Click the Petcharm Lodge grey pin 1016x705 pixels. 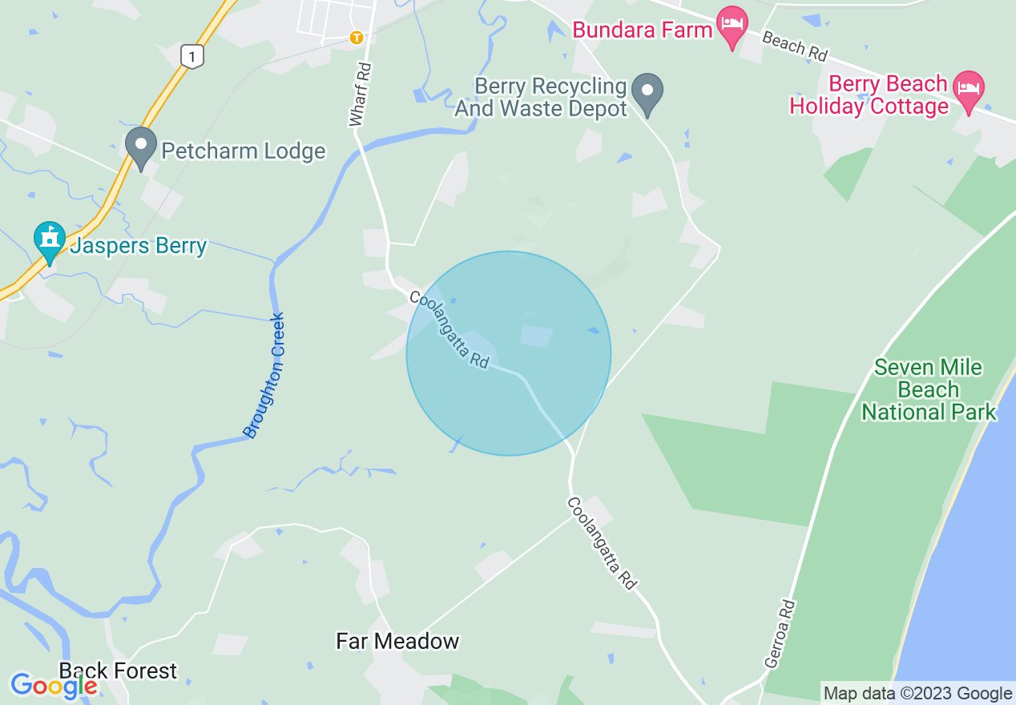coord(142,146)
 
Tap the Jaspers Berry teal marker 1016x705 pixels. coord(50,240)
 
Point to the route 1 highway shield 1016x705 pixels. coord(191,56)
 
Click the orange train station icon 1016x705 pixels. coord(357,37)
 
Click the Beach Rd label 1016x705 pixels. coord(794,46)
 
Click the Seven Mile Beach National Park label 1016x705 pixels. coord(929,389)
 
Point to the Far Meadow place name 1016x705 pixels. coord(397,641)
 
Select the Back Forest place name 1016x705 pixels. coord(118,671)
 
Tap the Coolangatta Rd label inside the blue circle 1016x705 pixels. coord(449,329)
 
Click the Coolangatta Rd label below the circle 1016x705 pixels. coord(601,543)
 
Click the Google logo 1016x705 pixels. coord(54,685)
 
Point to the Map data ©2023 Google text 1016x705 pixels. coord(918,693)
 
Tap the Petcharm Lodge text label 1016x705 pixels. coord(244,151)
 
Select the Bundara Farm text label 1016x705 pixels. coord(643,30)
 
